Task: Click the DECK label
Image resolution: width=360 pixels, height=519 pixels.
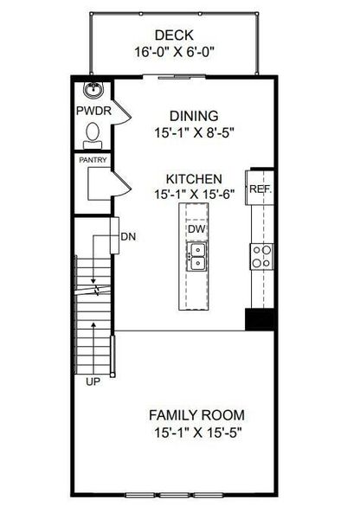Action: pyautogui.click(x=174, y=35)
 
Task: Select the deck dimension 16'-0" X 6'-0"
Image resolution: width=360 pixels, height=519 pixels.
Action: pyautogui.click(x=174, y=51)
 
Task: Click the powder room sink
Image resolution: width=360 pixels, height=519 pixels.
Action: pyautogui.click(x=92, y=89)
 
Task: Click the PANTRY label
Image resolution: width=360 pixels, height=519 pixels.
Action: pyautogui.click(x=92, y=160)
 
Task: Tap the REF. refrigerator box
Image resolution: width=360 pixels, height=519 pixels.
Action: pyautogui.click(x=260, y=188)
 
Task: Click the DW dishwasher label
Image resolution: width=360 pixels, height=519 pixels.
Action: pyautogui.click(x=196, y=229)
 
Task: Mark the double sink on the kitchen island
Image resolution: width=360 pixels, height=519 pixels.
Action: pyautogui.click(x=196, y=254)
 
